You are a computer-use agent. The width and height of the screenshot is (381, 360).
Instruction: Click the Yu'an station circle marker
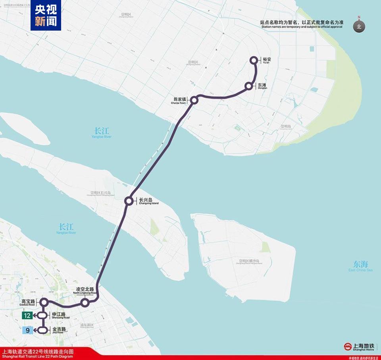pos(254,60)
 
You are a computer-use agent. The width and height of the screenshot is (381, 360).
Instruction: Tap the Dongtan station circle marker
pos(249,86)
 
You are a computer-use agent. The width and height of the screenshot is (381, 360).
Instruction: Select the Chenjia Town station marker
pos(194,100)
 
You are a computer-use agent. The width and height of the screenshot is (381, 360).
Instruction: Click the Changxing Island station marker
pos(129,201)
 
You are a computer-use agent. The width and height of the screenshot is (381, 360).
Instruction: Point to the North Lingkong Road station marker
pos(85,303)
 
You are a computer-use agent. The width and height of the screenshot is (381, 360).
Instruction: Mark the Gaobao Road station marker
pos(44,302)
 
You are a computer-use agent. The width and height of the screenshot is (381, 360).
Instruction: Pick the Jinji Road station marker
pos(43,330)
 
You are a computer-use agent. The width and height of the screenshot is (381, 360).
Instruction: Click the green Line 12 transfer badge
pos(27,315)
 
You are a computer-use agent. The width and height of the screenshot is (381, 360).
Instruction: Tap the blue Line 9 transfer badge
pos(27,330)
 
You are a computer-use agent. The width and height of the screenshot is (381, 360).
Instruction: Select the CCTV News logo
pos(46,16)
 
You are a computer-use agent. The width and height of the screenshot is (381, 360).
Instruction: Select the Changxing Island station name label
pos(148,201)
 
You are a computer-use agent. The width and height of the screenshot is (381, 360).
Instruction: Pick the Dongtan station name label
pos(262,86)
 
